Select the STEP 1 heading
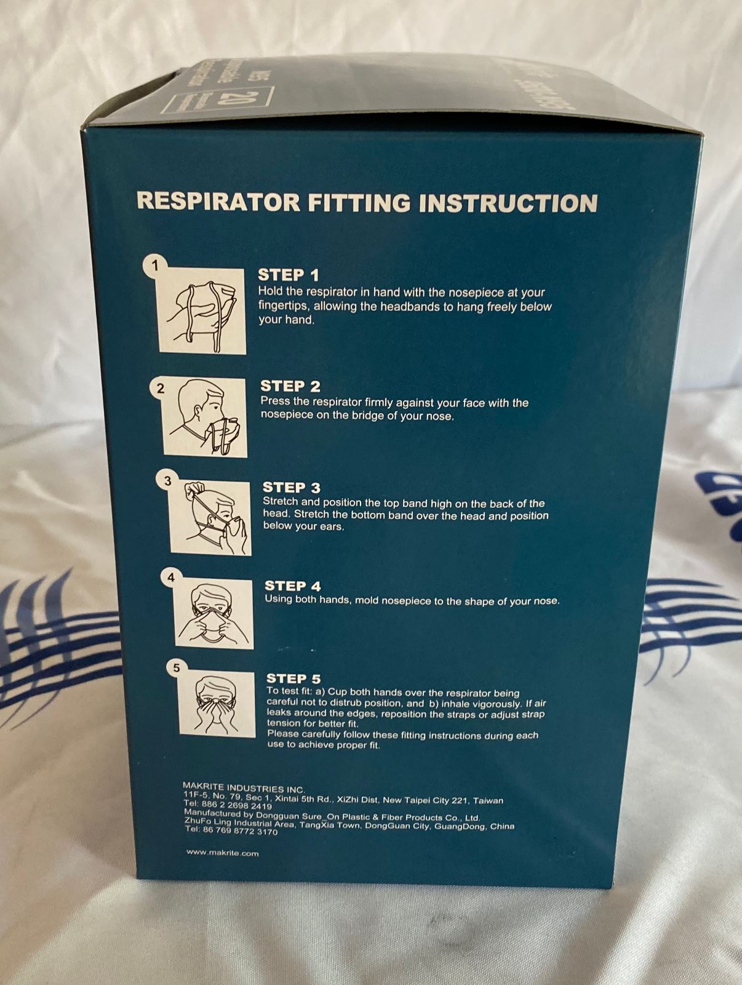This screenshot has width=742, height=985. click(x=289, y=275)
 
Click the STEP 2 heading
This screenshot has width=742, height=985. click(x=290, y=386)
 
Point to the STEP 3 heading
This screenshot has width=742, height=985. click(x=292, y=488)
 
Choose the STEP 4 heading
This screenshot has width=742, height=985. click(x=293, y=586)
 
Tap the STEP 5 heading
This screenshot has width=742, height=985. click(x=293, y=678)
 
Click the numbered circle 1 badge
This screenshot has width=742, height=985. click(x=155, y=266)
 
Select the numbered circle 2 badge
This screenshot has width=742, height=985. click(x=161, y=388)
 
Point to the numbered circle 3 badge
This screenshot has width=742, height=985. click(x=167, y=481)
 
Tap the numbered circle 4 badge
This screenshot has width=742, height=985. click(x=171, y=577)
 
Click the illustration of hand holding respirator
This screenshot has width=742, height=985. click(x=203, y=312)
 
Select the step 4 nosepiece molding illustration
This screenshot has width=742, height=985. click(x=214, y=615)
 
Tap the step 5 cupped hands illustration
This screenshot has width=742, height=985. click(x=217, y=706)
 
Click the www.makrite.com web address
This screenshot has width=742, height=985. click(x=222, y=853)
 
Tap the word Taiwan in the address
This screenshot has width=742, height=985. click(x=488, y=801)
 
